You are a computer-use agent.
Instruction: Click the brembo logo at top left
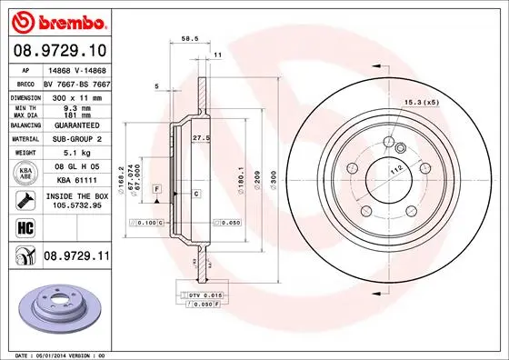pos(59,21)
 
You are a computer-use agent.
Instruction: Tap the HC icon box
pos(23,227)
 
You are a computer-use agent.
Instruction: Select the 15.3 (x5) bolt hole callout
pos(420,102)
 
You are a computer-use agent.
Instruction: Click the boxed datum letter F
pos(157,187)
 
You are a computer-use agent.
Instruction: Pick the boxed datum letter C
pos(196,193)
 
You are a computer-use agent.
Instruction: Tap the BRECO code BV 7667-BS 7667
pos(77,82)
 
